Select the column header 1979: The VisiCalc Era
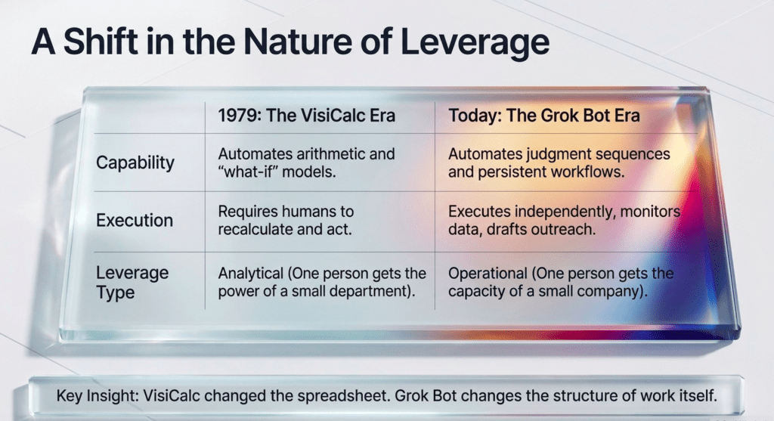[x=307, y=116]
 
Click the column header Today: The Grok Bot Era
[x=544, y=116]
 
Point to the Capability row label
[x=135, y=163]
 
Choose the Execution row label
[x=135, y=220]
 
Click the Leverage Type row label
[x=132, y=282]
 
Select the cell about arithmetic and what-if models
[x=307, y=163]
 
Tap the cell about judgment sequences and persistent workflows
[x=559, y=163]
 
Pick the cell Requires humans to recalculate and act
[x=286, y=220]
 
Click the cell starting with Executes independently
[x=564, y=220]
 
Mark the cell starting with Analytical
[x=322, y=282]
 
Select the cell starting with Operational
[x=561, y=282]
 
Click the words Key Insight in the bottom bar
[x=96, y=396]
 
